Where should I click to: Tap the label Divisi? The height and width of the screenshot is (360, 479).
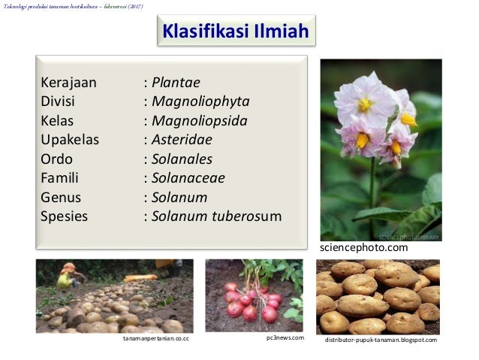coord(58,101)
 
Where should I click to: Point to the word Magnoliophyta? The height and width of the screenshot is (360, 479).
coord(200,101)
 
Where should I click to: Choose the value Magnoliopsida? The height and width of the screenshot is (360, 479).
coord(199,120)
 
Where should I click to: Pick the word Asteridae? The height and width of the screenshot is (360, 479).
coord(182,140)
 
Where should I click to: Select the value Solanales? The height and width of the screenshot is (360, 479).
coord(182,159)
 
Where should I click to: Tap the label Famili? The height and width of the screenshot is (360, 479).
coord(59,178)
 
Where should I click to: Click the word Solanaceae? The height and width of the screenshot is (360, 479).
coord(188,178)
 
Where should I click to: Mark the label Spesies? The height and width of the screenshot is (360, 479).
coord(64,217)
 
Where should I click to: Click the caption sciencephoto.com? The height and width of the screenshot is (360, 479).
coord(364,248)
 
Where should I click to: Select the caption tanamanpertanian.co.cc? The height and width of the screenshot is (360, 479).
coord(155,340)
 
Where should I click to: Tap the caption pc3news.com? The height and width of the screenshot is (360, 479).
coord(285,338)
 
